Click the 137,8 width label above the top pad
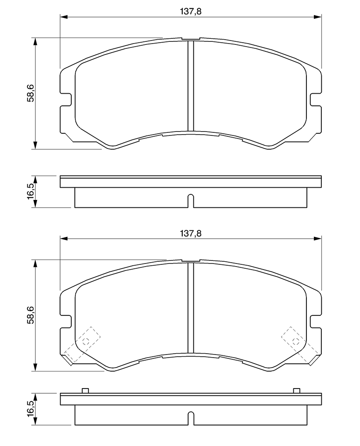[x=191, y=12]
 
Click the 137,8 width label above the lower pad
[x=191, y=233]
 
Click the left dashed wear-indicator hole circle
[x=85, y=341]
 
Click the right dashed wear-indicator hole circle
[x=296, y=341]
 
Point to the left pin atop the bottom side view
[x=85, y=391]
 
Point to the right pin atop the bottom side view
[x=296, y=391]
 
